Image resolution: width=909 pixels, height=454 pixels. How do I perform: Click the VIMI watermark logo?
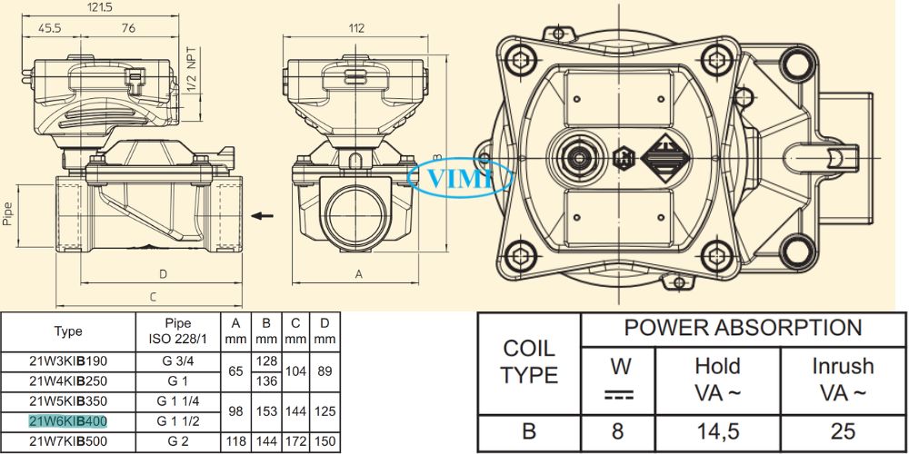coord(461,177)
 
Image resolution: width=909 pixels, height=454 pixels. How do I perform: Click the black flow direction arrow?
coord(263,215)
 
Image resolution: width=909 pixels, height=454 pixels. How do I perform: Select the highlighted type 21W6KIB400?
coord(67,421)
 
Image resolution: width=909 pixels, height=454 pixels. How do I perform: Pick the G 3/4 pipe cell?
coord(177,360)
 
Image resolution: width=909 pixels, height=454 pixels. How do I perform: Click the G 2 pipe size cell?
coord(177,442)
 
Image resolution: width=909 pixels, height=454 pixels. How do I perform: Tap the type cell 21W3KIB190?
coord(67,360)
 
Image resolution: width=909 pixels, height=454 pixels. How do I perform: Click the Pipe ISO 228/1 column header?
coord(177,331)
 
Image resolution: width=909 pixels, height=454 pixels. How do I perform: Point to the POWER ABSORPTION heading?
coord(743,329)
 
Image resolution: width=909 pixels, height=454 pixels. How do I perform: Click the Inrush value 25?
coord(843,431)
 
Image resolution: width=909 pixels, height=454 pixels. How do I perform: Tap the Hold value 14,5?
coord(717,431)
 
